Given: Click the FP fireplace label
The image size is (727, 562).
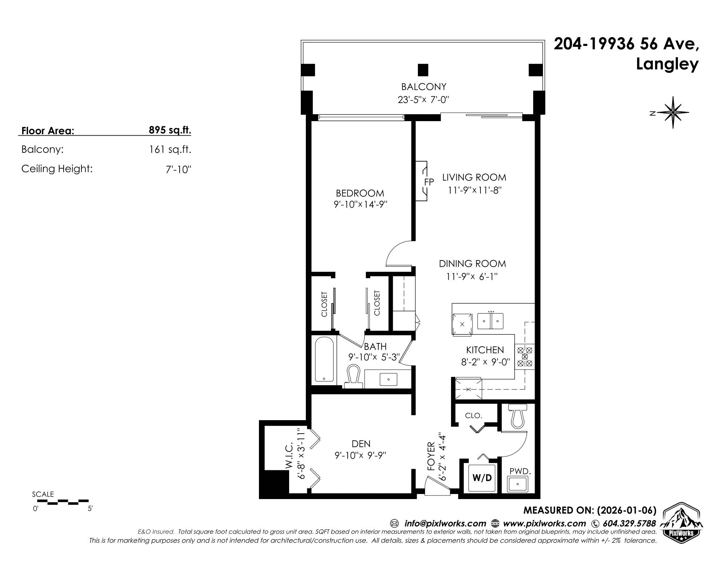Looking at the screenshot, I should pyautogui.click(x=429, y=182).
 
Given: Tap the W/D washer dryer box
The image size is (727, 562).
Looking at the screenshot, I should pyautogui.click(x=482, y=478).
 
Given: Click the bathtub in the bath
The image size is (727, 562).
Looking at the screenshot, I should pyautogui.click(x=324, y=360).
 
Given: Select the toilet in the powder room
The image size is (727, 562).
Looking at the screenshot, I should pyautogui.click(x=518, y=416).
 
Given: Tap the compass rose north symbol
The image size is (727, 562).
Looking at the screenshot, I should pyautogui.click(x=673, y=112).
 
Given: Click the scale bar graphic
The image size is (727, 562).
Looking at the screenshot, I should pyautogui.click(x=63, y=502).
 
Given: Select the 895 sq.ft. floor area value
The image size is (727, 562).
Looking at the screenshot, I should pyautogui.click(x=170, y=130).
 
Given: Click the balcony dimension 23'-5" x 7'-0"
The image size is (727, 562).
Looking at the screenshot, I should pyautogui.click(x=424, y=100).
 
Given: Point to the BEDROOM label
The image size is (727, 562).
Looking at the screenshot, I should pyautogui.click(x=360, y=193).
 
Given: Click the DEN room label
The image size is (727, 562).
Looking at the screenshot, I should pyautogui.click(x=361, y=443).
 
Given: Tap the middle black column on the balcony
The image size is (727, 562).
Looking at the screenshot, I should pyautogui.click(x=423, y=69).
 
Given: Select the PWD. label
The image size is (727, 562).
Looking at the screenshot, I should pyautogui.click(x=520, y=471).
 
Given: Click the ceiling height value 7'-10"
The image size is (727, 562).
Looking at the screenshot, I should pyautogui.click(x=178, y=170).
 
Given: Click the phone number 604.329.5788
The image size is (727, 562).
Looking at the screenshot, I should pyautogui.click(x=629, y=523).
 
